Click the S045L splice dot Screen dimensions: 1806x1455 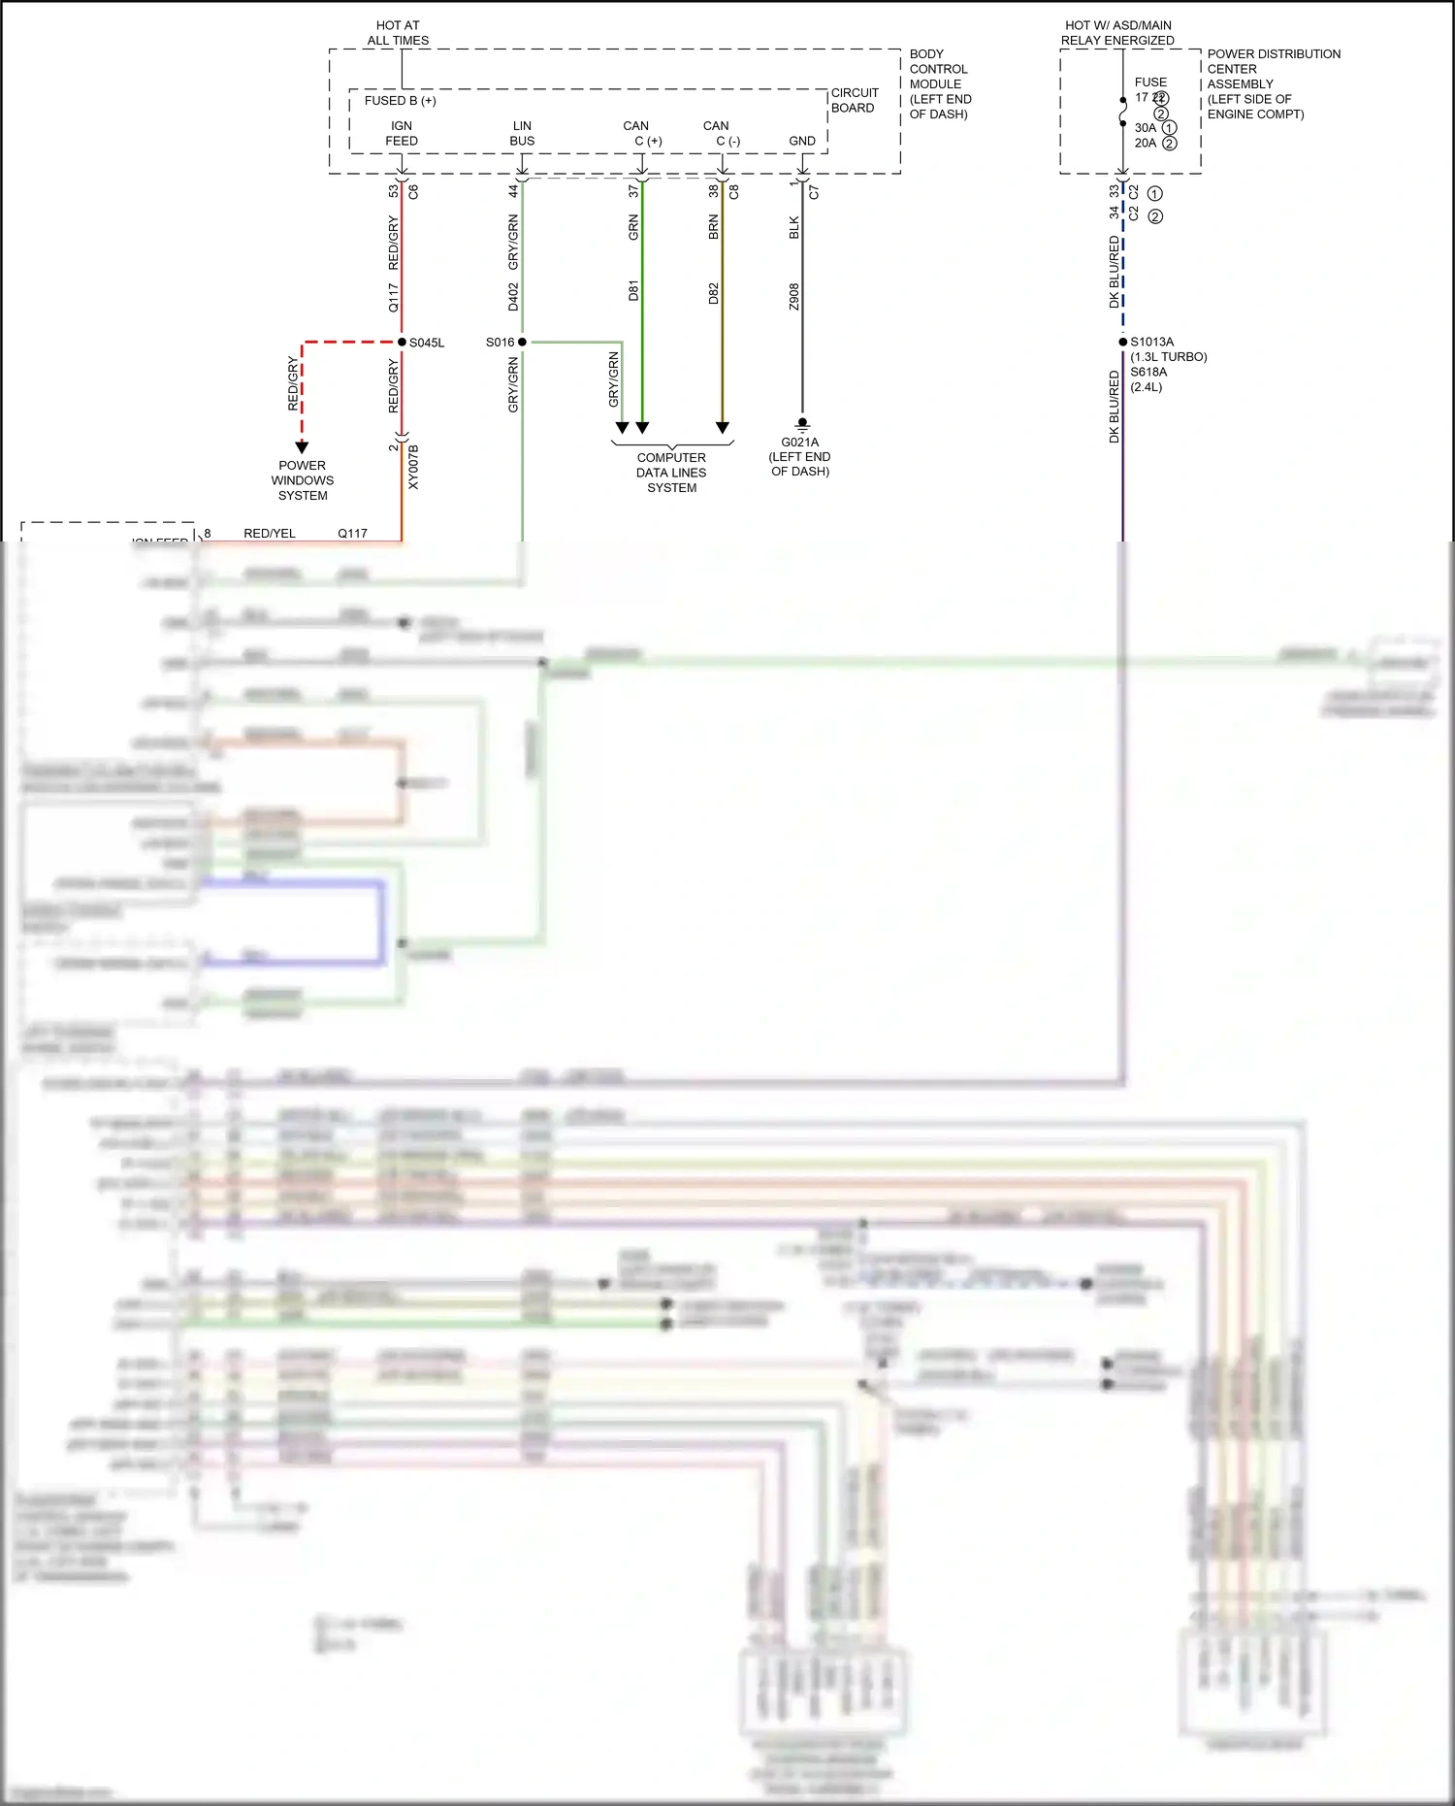(x=402, y=342)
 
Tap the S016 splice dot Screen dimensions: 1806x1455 (x=522, y=342)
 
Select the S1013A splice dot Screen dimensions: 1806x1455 (x=1123, y=342)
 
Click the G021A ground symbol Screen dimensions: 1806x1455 (x=802, y=424)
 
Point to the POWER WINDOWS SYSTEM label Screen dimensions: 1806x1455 (x=303, y=480)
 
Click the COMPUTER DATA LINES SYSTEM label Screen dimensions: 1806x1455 (x=671, y=473)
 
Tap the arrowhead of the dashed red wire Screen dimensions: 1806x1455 (x=302, y=447)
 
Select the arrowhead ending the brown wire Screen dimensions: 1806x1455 (x=723, y=427)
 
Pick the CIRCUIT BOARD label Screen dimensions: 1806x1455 (x=854, y=100)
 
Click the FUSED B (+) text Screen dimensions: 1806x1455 (x=400, y=101)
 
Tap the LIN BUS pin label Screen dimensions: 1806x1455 (x=522, y=133)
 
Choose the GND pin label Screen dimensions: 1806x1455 (x=802, y=141)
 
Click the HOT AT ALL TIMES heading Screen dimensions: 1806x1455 (x=398, y=33)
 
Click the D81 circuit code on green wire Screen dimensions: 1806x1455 (x=633, y=290)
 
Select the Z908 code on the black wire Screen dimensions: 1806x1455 (x=793, y=297)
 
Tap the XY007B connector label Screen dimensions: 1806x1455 (x=413, y=467)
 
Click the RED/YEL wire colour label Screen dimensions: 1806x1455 (x=270, y=533)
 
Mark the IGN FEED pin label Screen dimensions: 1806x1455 (x=402, y=133)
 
